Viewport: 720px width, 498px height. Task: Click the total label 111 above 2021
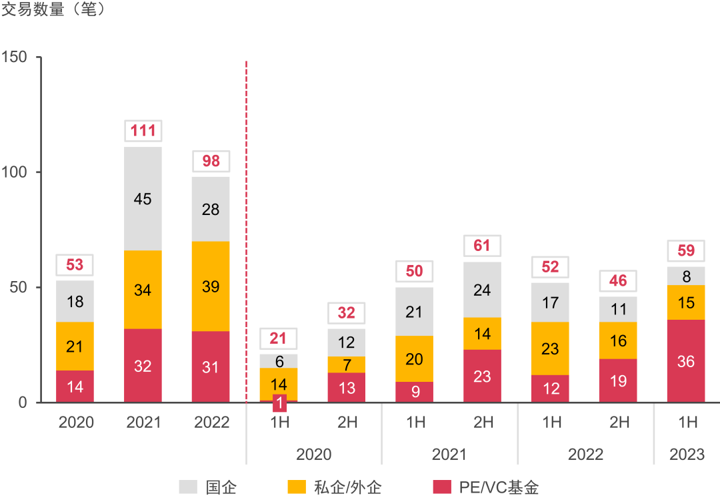click(143, 130)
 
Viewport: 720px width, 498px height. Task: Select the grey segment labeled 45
click(143, 199)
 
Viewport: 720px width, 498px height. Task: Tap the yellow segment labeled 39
click(211, 286)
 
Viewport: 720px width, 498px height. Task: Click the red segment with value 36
click(686, 361)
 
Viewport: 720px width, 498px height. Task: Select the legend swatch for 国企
click(189, 487)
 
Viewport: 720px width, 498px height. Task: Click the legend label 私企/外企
click(348, 487)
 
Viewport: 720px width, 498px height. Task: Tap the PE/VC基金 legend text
click(499, 487)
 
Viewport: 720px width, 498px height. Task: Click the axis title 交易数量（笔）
click(54, 11)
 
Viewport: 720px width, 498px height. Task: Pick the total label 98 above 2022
click(211, 161)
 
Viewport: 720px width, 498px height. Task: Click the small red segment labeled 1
click(279, 401)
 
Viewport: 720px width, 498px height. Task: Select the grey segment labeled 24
click(482, 290)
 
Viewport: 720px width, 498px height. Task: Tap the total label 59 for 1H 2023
click(686, 251)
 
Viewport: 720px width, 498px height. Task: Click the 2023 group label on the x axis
click(686, 455)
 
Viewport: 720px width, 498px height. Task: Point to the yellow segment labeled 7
click(347, 364)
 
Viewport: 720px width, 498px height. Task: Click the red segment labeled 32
click(143, 366)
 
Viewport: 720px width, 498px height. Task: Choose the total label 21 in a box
click(279, 338)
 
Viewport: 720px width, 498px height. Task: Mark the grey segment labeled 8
click(686, 276)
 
